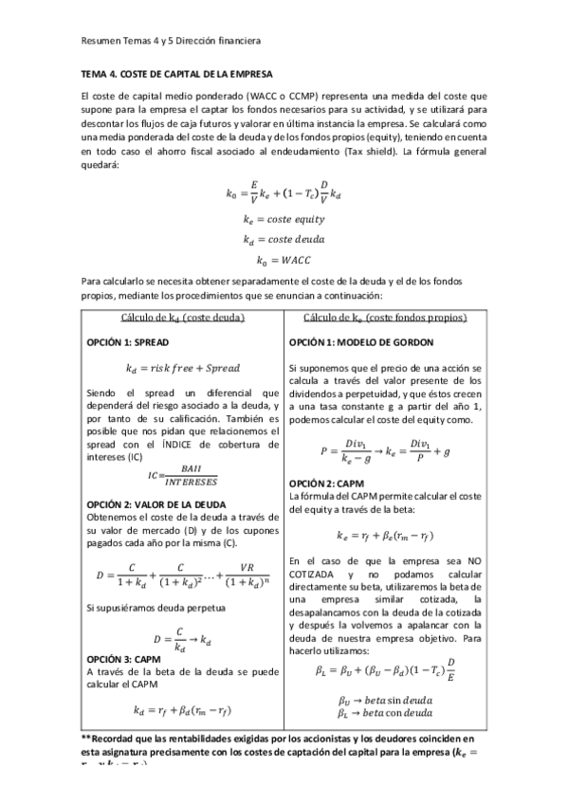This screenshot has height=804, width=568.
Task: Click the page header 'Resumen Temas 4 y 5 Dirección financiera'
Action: (x=171, y=42)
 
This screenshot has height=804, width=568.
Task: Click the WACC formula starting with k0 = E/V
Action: (x=284, y=193)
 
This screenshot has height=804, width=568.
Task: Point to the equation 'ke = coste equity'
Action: (x=284, y=219)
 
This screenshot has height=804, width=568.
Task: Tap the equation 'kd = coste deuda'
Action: (x=284, y=239)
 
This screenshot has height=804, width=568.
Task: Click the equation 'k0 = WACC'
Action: (x=284, y=259)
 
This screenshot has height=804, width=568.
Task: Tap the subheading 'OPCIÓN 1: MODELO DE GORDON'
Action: (x=361, y=341)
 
